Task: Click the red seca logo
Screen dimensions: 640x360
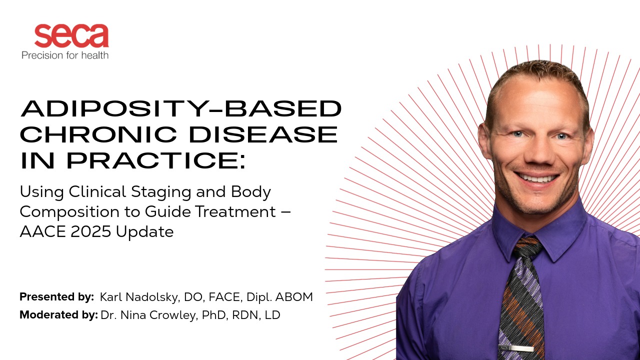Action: [71, 35]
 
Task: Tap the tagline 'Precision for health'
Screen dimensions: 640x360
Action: [65, 55]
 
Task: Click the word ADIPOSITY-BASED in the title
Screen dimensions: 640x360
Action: [181, 108]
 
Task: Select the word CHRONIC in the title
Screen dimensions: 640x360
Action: [98, 134]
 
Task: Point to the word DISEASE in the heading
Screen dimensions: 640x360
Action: [263, 134]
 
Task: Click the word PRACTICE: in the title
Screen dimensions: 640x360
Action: [156, 160]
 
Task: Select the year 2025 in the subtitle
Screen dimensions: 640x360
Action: [90, 231]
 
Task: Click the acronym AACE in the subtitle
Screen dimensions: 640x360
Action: [42, 231]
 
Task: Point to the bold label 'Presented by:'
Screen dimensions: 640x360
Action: [56, 297]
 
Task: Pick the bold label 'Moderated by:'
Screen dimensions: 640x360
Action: [58, 315]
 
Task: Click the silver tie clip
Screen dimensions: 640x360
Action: [516, 348]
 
